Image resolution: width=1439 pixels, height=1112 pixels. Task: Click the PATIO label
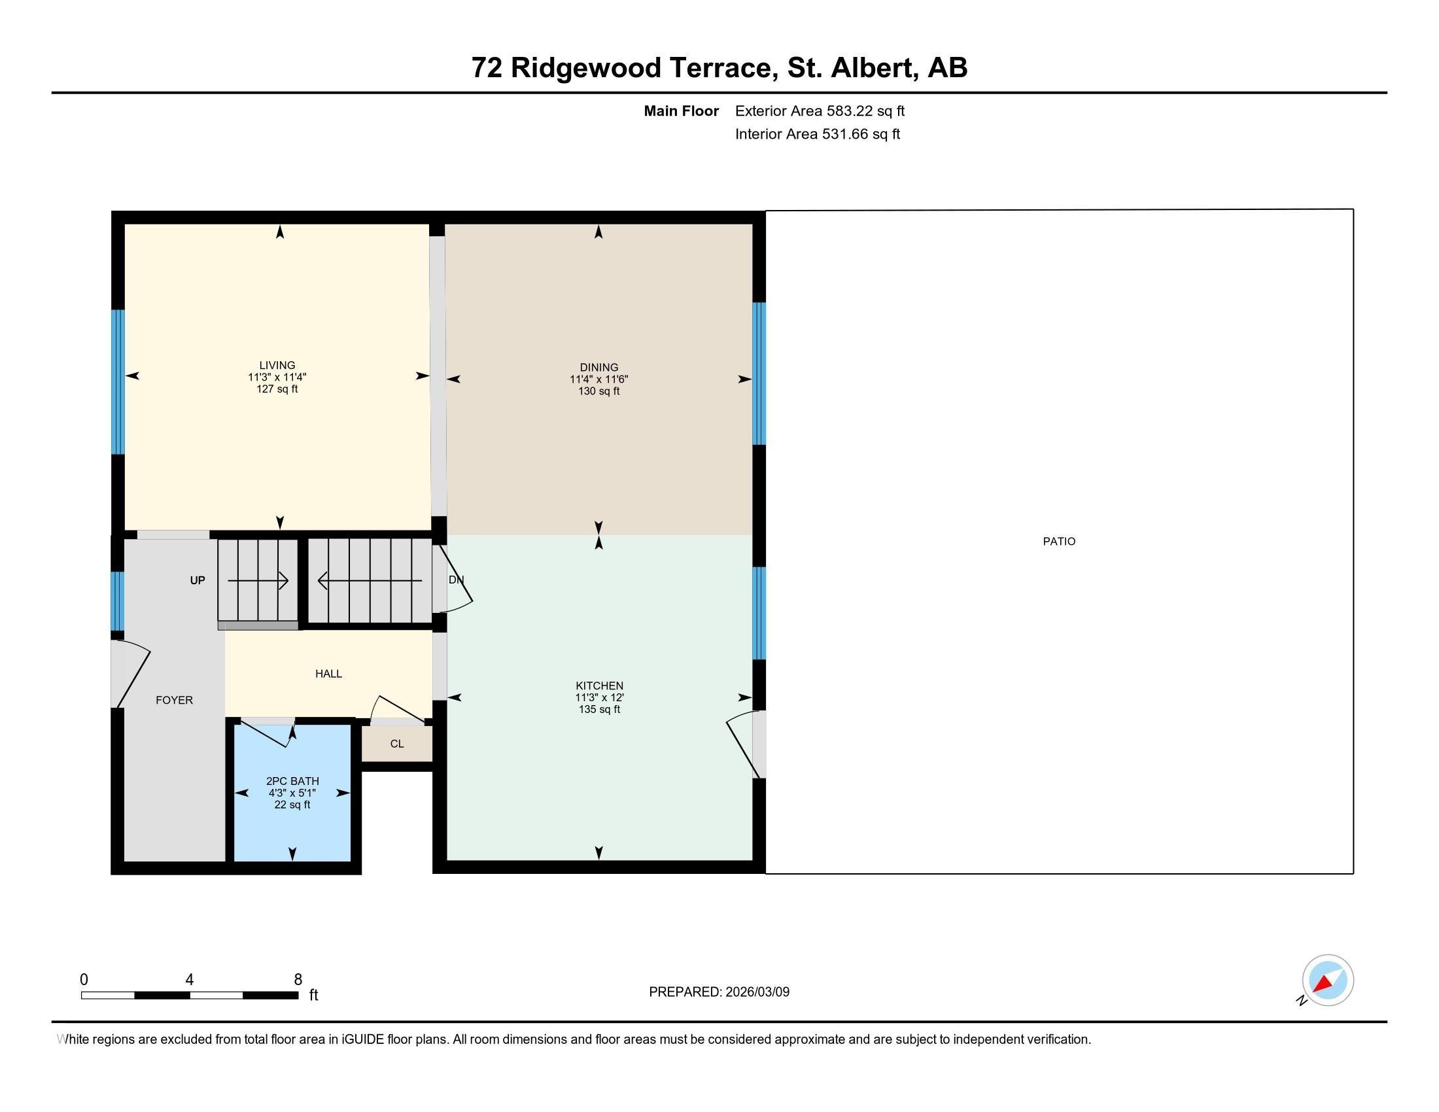click(x=1058, y=542)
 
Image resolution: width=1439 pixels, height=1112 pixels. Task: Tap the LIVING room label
click(x=277, y=365)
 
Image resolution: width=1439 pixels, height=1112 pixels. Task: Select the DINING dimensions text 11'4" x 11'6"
click(x=598, y=379)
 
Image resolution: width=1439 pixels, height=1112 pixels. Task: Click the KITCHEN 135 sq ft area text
click(x=598, y=710)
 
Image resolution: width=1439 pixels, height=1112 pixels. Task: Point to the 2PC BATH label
click(x=292, y=780)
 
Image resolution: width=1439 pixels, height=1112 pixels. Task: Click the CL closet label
click(x=396, y=744)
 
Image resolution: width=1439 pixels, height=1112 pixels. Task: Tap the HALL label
click(x=328, y=673)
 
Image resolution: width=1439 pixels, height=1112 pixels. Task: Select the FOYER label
click(x=174, y=701)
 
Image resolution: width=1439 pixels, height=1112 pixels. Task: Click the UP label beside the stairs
click(x=197, y=580)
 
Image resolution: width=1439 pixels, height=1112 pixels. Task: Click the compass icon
click(x=1327, y=981)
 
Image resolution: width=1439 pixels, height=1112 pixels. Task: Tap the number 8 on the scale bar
click(x=298, y=980)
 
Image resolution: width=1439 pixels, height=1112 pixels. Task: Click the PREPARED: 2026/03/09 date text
click(x=719, y=992)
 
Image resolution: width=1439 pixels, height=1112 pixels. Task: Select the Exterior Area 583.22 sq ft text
click(x=819, y=111)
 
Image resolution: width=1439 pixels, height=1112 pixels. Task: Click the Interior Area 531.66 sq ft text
click(x=817, y=134)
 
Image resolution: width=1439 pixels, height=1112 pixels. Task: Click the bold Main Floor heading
click(x=681, y=111)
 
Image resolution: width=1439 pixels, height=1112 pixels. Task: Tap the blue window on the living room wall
click(x=118, y=382)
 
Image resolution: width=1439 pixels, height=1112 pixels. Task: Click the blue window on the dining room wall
click(x=759, y=374)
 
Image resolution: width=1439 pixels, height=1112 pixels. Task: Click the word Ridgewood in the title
click(x=586, y=68)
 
